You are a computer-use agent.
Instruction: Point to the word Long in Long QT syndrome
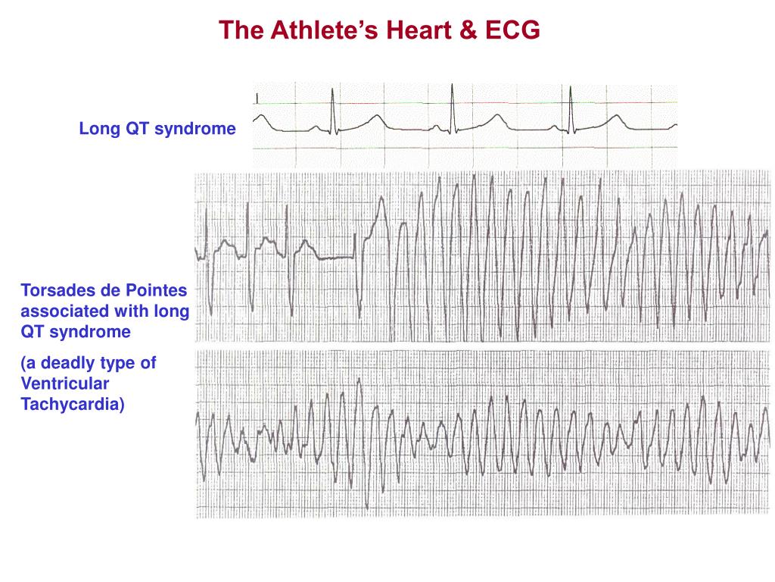pos(95,130)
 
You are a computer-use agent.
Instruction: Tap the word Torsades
pos(54,290)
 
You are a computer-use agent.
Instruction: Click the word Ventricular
pos(64,384)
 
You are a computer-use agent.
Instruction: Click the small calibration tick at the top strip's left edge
pos(257,99)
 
